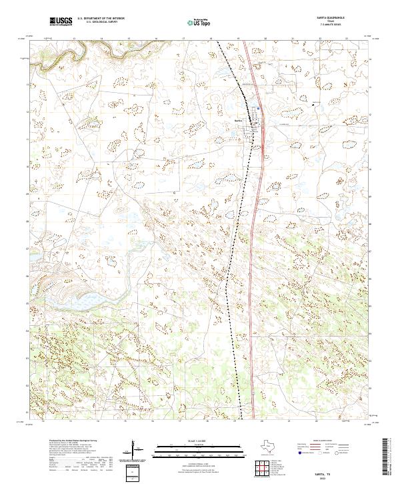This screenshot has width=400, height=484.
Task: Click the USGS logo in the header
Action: pyautogui.click(x=61, y=21)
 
